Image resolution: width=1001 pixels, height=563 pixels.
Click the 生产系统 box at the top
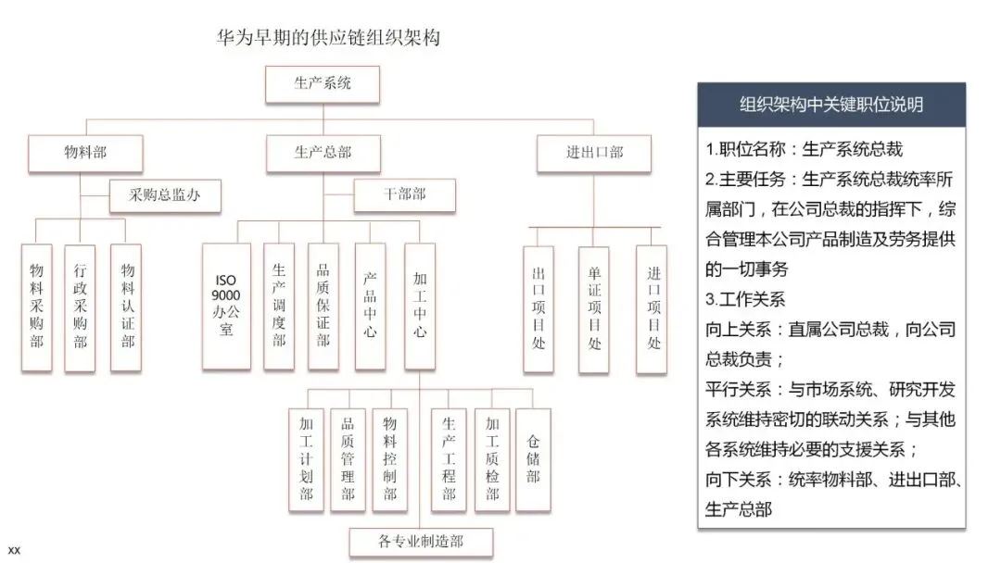323,83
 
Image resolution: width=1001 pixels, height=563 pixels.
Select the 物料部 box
85,153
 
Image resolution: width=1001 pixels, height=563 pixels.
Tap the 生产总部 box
323,153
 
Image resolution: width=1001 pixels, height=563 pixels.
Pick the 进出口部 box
594,153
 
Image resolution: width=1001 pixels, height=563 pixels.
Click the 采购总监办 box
165,195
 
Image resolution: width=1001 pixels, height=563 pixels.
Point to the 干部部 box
404,195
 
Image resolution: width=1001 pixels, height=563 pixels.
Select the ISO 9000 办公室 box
227,306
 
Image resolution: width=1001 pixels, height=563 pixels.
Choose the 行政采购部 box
81,308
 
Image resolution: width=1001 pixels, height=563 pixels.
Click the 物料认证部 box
127,308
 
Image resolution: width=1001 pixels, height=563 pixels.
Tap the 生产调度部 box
279,306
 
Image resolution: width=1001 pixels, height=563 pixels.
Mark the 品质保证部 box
323,306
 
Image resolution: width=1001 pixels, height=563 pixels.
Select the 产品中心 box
370,306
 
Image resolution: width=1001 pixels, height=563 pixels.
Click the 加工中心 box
419,306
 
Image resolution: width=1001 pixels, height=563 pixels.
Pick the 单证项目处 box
594,310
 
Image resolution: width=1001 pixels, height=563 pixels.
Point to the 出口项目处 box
539,310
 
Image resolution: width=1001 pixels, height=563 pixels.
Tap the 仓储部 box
533,459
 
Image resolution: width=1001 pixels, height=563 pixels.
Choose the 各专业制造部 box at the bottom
421,542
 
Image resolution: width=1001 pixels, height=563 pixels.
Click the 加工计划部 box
306,459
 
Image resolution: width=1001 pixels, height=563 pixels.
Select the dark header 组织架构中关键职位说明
831,105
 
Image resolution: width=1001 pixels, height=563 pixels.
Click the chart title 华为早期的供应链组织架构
327,38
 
